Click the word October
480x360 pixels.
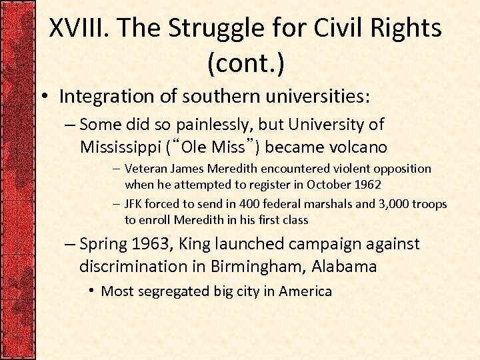click(324, 184)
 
